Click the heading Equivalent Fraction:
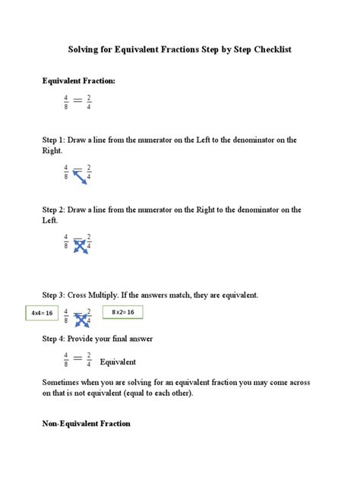pos(79,81)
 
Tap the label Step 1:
pos(55,140)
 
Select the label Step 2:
pos(55,210)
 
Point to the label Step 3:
pos(55,295)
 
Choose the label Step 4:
pos(55,339)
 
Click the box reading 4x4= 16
pos(41,313)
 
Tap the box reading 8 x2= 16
pos(122,312)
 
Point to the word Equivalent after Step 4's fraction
pos(118,362)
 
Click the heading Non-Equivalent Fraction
pos(86,423)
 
